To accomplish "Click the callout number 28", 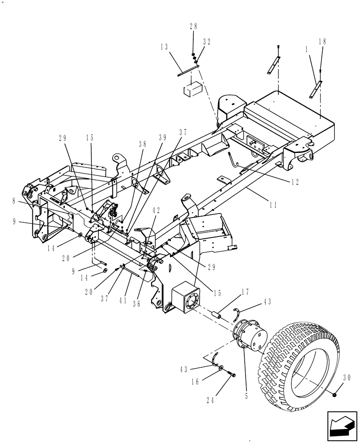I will tap(193, 27).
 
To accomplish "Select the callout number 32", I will tap(207, 42).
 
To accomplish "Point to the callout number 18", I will tap(322, 42).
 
